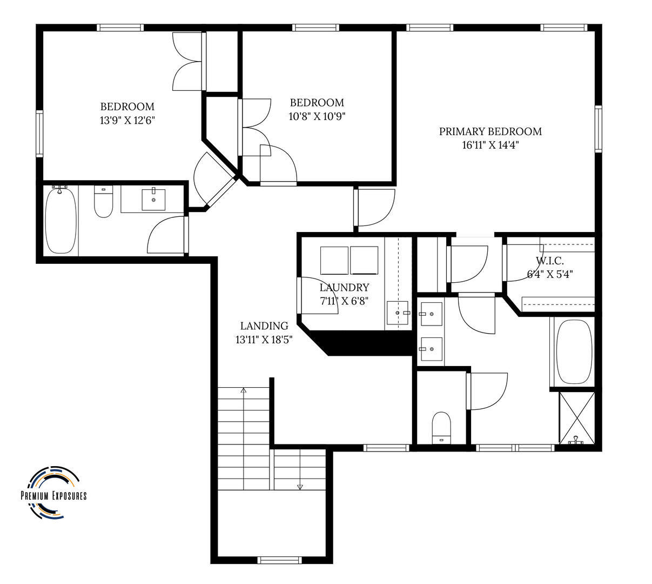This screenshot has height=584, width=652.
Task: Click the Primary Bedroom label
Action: [x=490, y=131]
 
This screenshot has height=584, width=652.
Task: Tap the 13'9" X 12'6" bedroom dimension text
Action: [x=127, y=121]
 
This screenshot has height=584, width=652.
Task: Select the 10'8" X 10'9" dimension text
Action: [x=317, y=116]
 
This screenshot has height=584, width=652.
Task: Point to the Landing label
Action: [x=264, y=326]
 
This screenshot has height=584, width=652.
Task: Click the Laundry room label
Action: [x=344, y=287]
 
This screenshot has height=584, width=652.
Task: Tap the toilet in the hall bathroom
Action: [x=103, y=202]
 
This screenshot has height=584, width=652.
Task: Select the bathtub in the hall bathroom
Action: [x=61, y=221]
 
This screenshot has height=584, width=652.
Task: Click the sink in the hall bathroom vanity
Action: [x=153, y=200]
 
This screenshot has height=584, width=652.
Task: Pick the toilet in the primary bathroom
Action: [x=441, y=427]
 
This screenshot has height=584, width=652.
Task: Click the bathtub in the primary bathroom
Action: [x=574, y=352]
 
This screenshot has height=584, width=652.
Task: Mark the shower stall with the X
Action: [x=577, y=418]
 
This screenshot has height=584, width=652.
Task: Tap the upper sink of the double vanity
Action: [x=431, y=314]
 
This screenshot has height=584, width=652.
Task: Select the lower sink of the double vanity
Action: [x=431, y=349]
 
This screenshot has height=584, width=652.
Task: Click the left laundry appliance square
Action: [x=334, y=260]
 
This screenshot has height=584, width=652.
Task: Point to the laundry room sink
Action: [x=397, y=313]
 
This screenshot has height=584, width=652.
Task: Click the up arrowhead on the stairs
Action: [x=244, y=390]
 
